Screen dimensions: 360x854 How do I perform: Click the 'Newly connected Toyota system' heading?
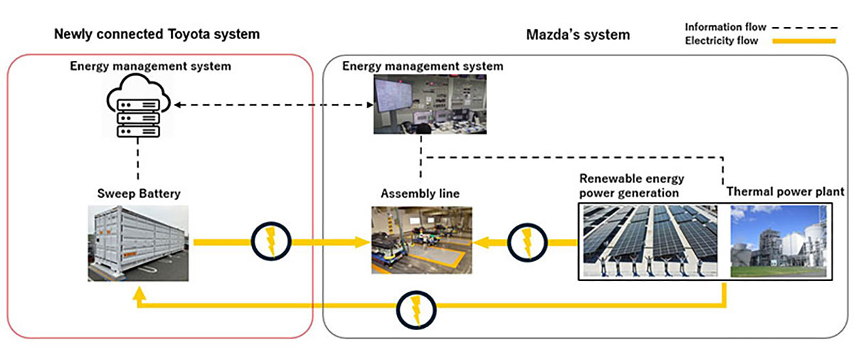click(x=157, y=33)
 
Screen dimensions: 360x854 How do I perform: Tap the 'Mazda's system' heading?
click(x=578, y=33)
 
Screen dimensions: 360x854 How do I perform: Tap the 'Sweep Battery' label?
click(x=137, y=193)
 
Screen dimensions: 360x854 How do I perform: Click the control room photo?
click(x=422, y=104)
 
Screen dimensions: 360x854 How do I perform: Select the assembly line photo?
click(x=421, y=240)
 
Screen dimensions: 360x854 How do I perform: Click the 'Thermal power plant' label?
click(x=785, y=191)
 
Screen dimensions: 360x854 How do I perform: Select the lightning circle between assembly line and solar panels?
click(x=527, y=242)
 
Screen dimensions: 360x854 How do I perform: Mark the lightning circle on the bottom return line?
click(x=416, y=308)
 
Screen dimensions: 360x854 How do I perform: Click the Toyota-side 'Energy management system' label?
click(x=150, y=66)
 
